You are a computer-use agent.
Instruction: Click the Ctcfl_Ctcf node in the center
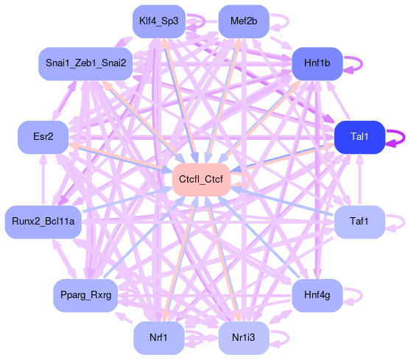click(201, 180)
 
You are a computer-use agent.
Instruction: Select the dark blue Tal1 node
click(359, 137)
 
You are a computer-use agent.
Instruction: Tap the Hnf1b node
click(317, 64)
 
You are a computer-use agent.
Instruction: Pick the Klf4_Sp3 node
click(159, 21)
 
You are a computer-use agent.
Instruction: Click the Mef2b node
click(244, 21)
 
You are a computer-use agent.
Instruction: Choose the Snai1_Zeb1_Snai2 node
click(85, 64)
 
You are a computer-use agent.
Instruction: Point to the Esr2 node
click(43, 137)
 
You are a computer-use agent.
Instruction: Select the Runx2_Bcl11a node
click(43, 222)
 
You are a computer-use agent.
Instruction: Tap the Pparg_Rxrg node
click(85, 295)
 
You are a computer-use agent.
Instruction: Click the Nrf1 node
click(159, 338)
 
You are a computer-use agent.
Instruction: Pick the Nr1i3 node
click(244, 338)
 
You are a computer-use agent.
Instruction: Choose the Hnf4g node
click(317, 295)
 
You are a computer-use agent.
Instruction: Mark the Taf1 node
click(359, 222)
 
